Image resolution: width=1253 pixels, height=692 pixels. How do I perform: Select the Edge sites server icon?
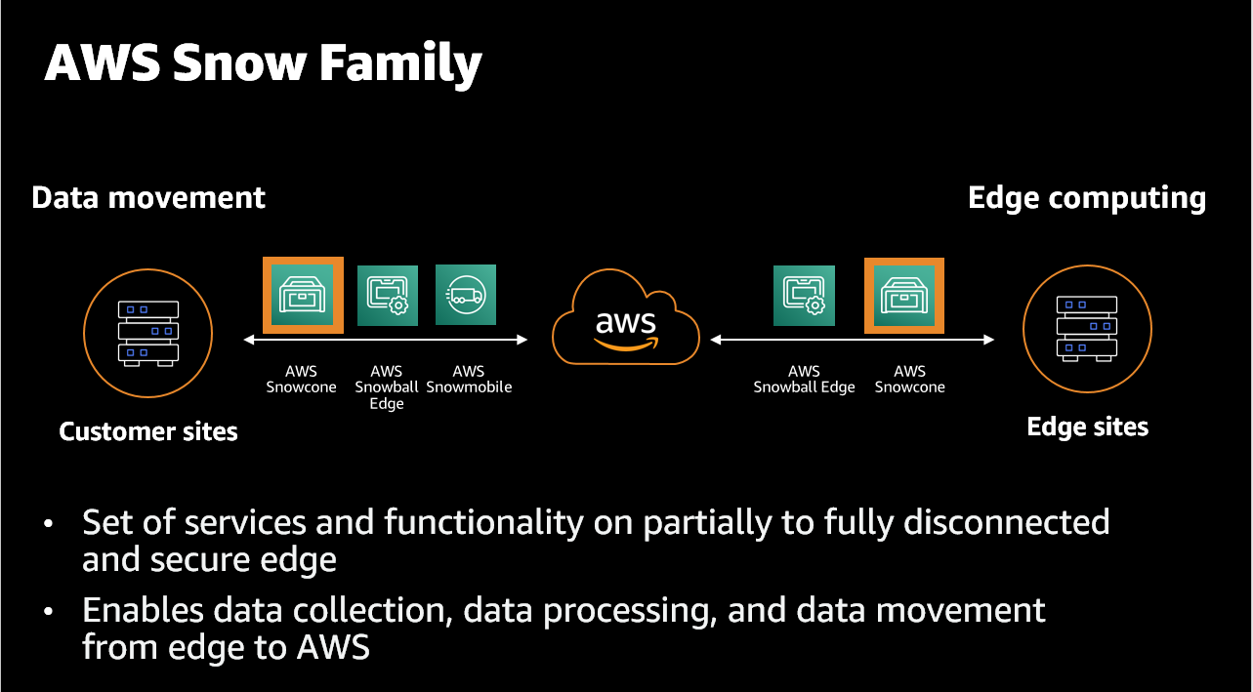1087,327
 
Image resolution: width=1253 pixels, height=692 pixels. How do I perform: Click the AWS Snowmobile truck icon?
466,295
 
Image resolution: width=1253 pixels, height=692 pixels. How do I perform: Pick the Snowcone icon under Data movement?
303,295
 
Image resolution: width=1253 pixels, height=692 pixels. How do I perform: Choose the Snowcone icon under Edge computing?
904,295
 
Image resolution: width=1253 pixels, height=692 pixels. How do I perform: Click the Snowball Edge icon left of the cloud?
388,295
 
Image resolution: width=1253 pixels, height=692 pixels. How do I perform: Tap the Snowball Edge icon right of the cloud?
804,295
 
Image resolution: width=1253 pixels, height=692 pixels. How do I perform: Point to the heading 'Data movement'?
148,198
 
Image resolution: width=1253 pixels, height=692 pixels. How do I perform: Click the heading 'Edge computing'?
1087,198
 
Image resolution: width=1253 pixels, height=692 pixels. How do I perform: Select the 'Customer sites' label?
148,431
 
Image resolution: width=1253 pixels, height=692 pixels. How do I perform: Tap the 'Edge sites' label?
1088,427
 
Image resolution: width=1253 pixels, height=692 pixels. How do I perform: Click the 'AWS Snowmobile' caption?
469,379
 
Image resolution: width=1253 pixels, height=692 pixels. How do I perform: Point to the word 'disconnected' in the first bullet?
1006,522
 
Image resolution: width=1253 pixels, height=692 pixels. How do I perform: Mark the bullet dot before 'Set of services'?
49,524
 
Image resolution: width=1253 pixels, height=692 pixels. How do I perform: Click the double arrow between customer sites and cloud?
386,340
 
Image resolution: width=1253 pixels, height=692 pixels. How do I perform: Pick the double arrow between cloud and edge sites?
853,340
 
